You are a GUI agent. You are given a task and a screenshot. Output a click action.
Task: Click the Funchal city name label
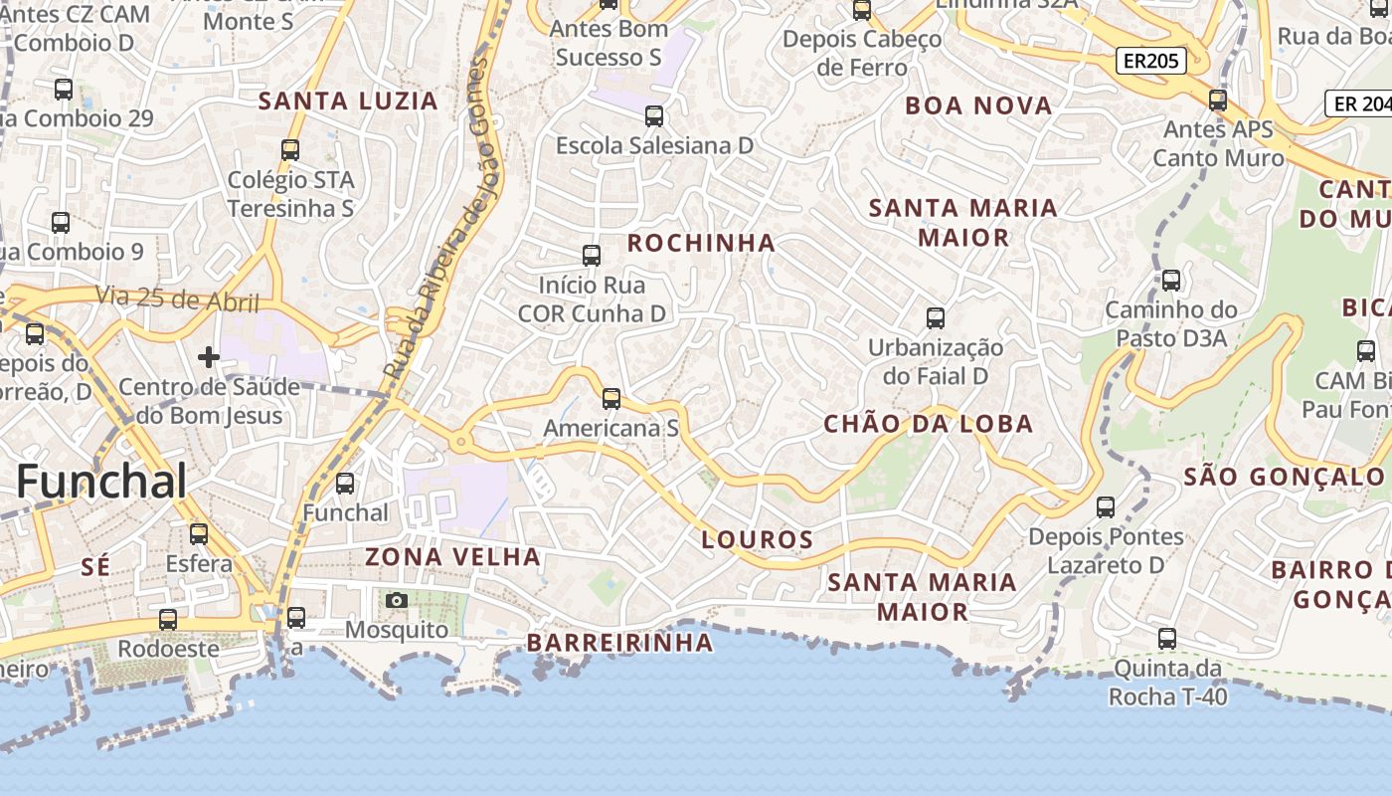(101, 482)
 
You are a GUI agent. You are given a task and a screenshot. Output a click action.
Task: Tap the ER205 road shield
(1151, 61)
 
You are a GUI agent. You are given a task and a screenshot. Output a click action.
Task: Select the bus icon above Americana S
(611, 399)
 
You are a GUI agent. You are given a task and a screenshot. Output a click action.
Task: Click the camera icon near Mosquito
(397, 600)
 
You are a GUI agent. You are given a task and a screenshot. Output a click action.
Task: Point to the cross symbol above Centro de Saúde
(209, 356)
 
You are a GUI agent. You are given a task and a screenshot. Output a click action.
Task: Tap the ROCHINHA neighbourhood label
(701, 243)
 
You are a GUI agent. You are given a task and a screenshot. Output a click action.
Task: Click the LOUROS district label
(758, 540)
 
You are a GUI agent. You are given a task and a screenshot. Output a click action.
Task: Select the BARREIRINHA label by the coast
(619, 643)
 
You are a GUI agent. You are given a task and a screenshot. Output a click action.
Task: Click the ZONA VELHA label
(453, 556)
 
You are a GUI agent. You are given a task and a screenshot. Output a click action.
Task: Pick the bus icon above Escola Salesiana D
(654, 116)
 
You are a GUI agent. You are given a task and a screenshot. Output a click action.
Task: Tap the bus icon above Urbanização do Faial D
(936, 318)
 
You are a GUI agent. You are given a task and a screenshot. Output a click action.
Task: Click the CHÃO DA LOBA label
(929, 424)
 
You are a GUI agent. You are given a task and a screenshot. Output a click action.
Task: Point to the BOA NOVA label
(978, 105)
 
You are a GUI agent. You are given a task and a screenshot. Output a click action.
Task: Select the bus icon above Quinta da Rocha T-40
(1167, 639)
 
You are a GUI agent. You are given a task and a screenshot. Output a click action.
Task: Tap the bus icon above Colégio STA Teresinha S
(290, 150)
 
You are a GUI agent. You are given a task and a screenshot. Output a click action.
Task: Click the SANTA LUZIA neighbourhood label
(348, 100)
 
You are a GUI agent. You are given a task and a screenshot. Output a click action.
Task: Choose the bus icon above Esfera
(199, 534)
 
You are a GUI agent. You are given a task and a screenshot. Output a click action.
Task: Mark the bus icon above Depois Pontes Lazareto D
(1106, 507)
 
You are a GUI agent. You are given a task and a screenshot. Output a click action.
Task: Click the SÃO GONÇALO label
(1284, 477)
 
